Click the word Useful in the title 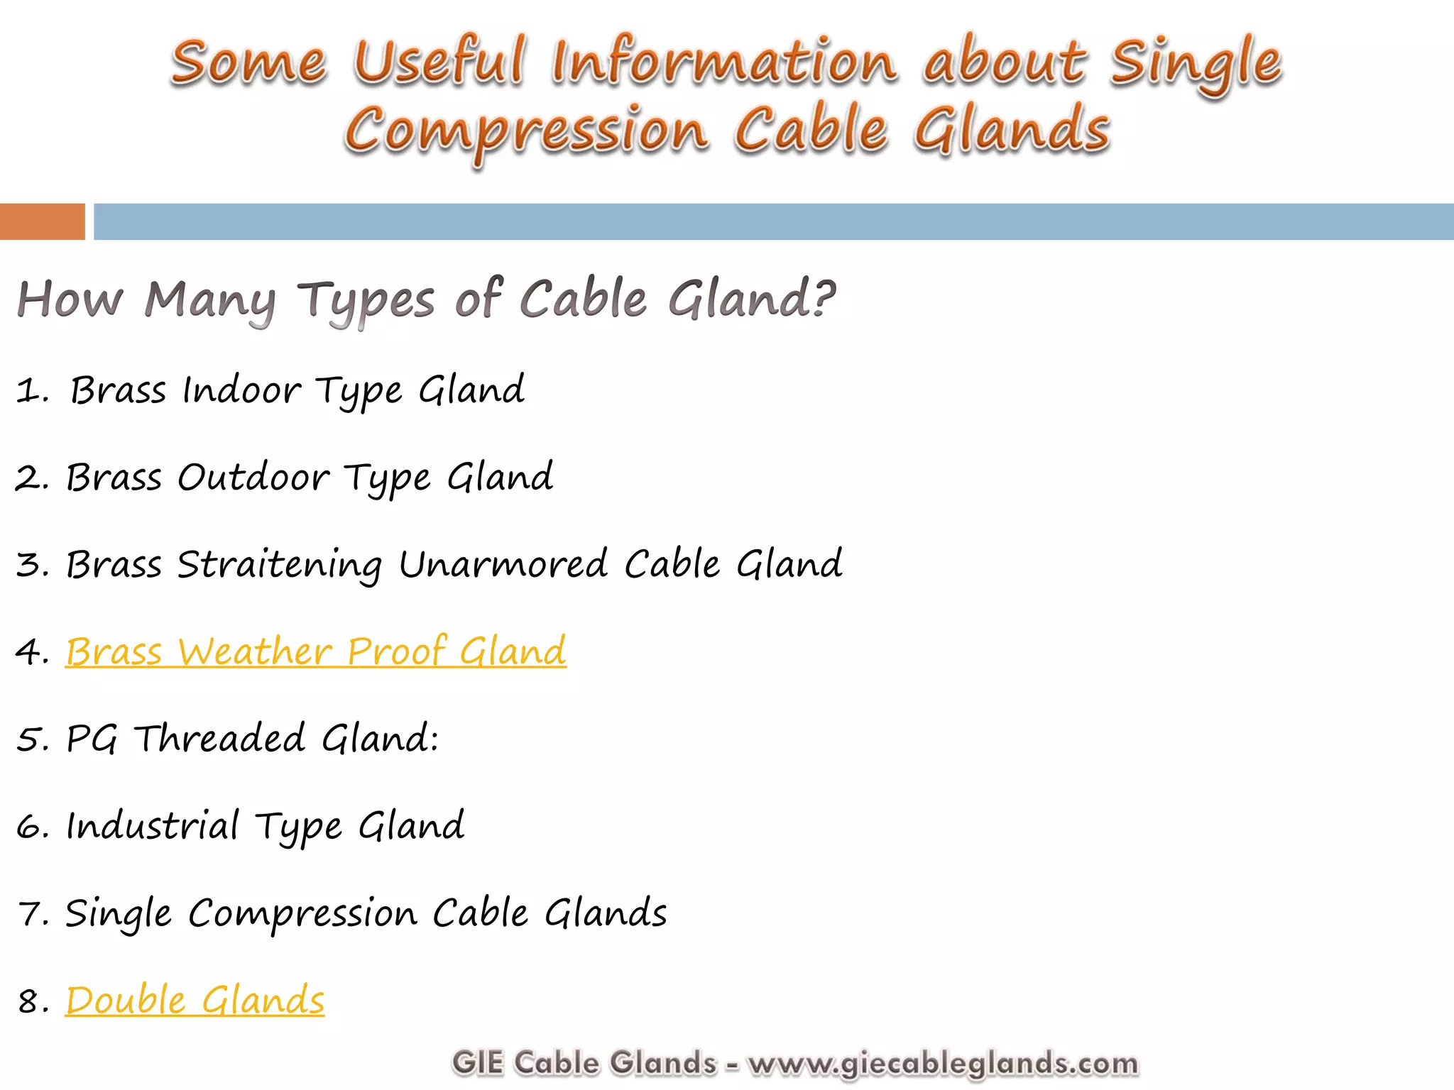pyautogui.click(x=439, y=62)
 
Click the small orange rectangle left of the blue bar pyautogui.click(x=42, y=221)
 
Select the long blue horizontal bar pyautogui.click(x=772, y=221)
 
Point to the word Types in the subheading pyautogui.click(x=366, y=301)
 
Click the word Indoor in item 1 pyautogui.click(x=241, y=390)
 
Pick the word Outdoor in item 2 pyautogui.click(x=253, y=478)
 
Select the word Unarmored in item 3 pyautogui.click(x=503, y=564)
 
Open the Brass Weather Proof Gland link pyautogui.click(x=316, y=651)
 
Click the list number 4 pyautogui.click(x=30, y=652)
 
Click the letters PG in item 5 pyautogui.click(x=92, y=739)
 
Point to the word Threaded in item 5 pyautogui.click(x=220, y=739)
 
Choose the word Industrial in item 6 pyautogui.click(x=153, y=826)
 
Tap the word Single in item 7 pyautogui.click(x=119, y=914)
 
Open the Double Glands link pyautogui.click(x=195, y=1001)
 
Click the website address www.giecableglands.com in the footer pyautogui.click(x=943, y=1063)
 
